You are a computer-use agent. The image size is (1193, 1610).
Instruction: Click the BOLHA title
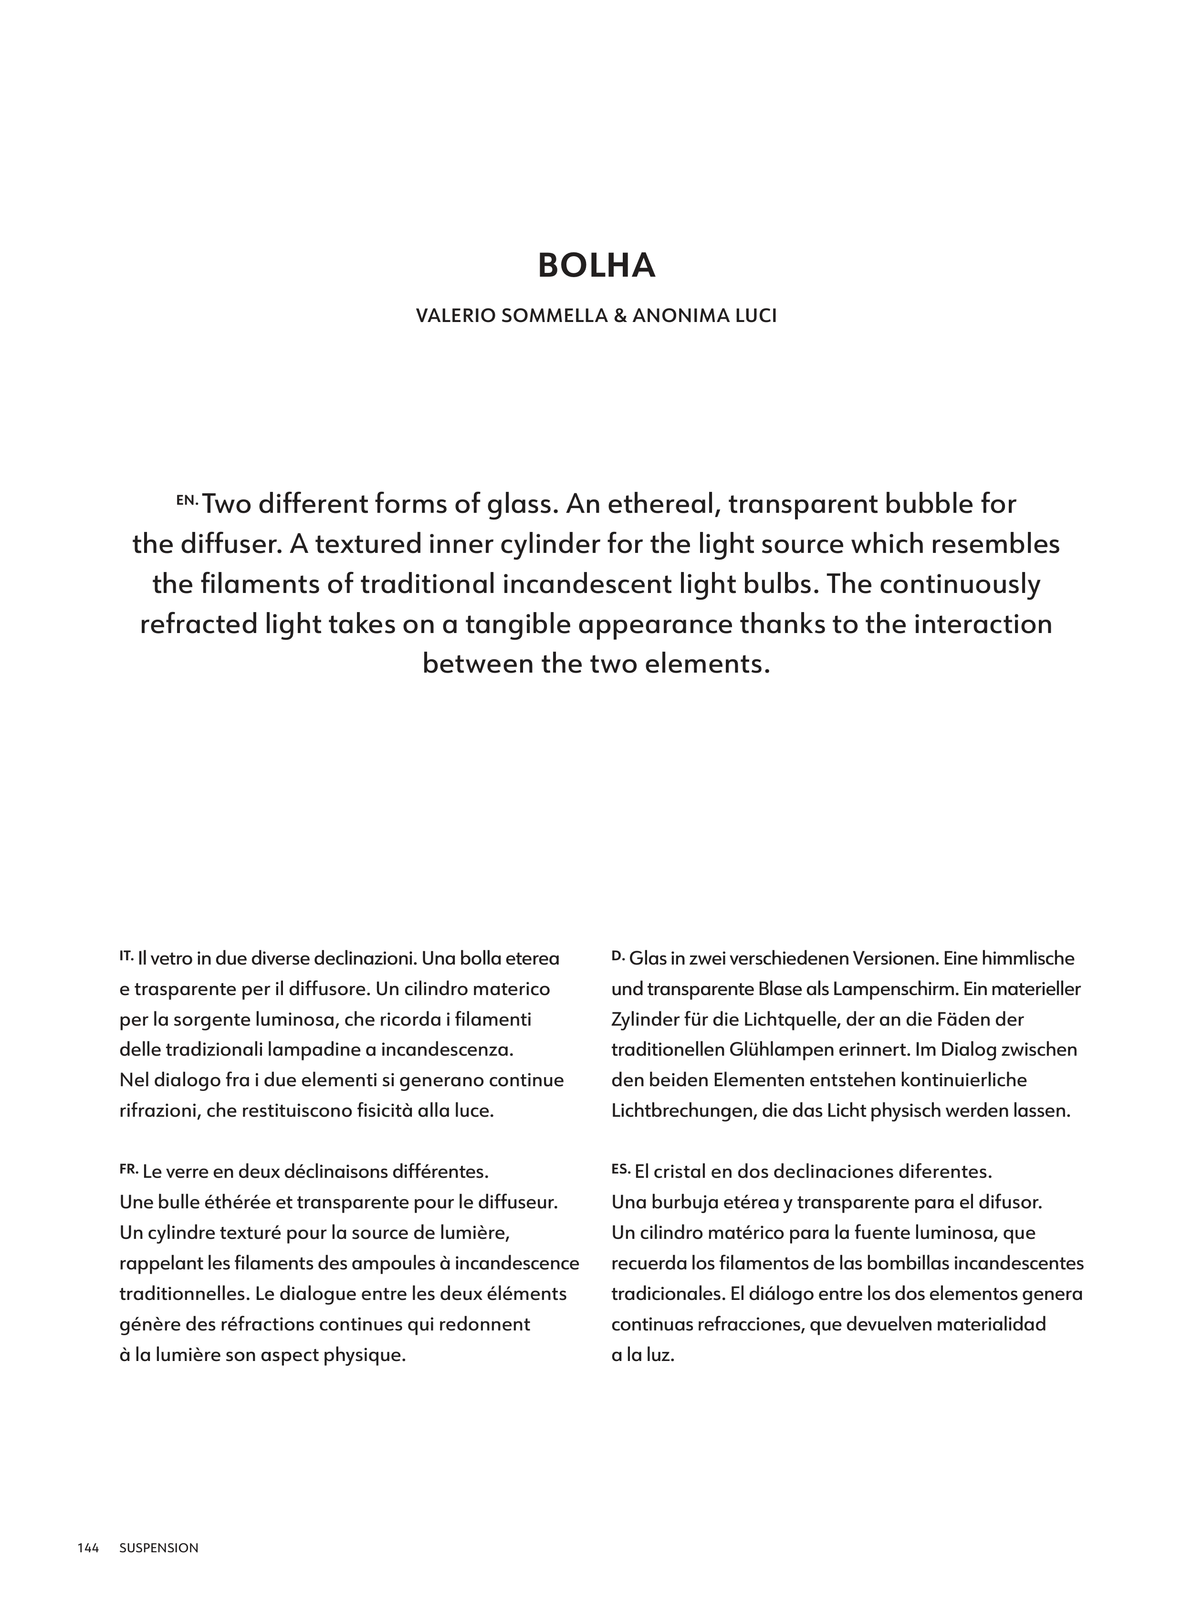coord(596,266)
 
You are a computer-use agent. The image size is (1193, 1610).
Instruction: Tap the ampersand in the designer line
coord(619,316)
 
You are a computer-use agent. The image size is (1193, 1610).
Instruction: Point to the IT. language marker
coord(126,955)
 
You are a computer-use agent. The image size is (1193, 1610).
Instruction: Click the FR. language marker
coord(128,1167)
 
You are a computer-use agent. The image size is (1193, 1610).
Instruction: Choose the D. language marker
coord(617,955)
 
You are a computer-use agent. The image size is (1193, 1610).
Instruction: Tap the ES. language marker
coord(621,1167)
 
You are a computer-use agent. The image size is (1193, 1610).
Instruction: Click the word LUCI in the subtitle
coord(755,316)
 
